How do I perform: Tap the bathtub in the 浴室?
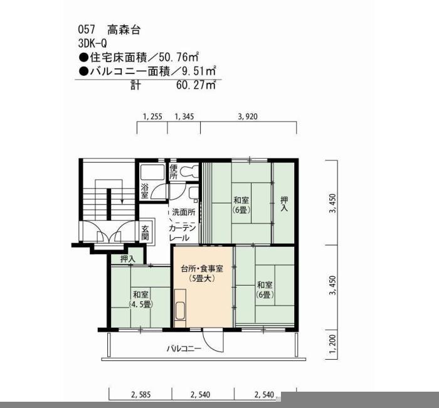tap(152, 173)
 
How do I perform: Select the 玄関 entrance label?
tap(145, 233)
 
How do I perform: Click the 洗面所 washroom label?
tap(184, 212)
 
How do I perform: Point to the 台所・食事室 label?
tap(202, 269)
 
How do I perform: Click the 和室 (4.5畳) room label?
tap(140, 299)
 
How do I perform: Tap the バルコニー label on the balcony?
tap(184, 349)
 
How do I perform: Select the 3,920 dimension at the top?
tap(248, 117)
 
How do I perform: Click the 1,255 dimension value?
tap(152, 117)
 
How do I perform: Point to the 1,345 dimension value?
tap(184, 117)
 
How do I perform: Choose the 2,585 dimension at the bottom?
tap(141, 395)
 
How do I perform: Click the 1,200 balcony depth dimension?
tap(333, 344)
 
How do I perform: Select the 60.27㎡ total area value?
tap(196, 85)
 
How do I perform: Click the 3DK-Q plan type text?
tap(93, 43)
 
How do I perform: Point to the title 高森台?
tap(124, 30)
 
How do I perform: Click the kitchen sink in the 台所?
tap(180, 311)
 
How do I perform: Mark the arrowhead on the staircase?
tap(122, 201)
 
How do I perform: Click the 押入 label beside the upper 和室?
tap(284, 204)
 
